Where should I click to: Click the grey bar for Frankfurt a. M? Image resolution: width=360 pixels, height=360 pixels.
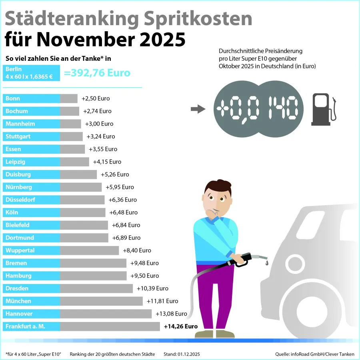[110, 326]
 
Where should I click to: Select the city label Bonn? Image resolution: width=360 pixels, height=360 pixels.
[13, 98]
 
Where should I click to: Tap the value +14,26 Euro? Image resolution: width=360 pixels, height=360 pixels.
[181, 326]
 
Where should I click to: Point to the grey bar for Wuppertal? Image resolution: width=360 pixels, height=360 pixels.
[89, 250]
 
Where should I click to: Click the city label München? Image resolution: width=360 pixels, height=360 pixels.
[18, 301]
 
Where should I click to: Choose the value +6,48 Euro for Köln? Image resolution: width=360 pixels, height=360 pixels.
[123, 212]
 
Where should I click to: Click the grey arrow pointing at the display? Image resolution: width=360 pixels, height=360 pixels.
[198, 109]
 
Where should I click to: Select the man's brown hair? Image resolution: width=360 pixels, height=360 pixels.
[218, 186]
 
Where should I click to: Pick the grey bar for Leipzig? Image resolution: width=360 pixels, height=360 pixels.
[74, 162]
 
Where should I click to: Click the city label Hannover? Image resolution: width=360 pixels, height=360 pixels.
[19, 314]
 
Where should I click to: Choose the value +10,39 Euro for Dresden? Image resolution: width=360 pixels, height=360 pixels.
[152, 288]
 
